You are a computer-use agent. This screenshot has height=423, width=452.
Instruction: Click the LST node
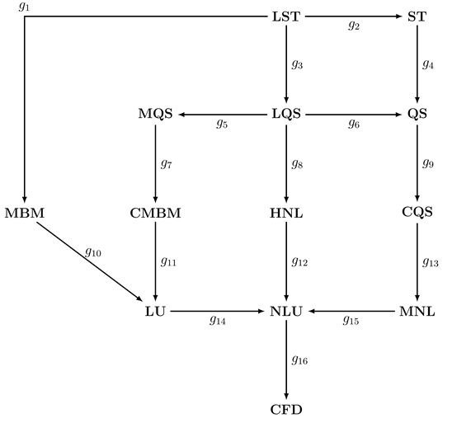(x=286, y=16)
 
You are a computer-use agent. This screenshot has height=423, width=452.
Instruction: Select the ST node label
(x=417, y=16)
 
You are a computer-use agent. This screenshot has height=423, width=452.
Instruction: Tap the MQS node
(x=155, y=114)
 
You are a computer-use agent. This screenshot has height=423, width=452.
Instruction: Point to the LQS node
(x=286, y=114)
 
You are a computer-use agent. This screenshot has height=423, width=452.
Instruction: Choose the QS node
(x=417, y=114)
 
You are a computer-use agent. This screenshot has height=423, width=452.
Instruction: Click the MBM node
(x=25, y=213)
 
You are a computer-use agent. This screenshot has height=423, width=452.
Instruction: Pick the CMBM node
(x=155, y=213)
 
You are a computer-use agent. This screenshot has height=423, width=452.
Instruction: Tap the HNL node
(x=286, y=213)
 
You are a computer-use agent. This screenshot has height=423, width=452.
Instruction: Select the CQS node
(x=417, y=212)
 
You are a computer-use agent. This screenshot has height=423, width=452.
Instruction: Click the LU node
(x=155, y=311)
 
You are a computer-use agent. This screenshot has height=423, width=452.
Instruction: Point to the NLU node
(x=286, y=311)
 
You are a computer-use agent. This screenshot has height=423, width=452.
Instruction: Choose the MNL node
(x=417, y=311)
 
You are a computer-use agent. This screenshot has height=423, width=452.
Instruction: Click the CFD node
(x=286, y=410)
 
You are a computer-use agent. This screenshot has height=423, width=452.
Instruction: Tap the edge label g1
(x=24, y=6)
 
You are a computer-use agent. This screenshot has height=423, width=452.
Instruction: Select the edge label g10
(x=93, y=252)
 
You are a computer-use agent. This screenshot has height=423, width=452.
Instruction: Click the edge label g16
(x=299, y=360)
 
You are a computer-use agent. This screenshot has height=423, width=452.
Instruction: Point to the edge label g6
(x=354, y=124)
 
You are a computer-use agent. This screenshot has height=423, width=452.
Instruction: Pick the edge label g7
(x=167, y=163)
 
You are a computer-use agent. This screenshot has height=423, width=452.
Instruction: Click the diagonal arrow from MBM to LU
(x=89, y=261)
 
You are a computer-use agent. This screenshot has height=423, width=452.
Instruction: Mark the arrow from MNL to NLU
(x=351, y=311)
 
